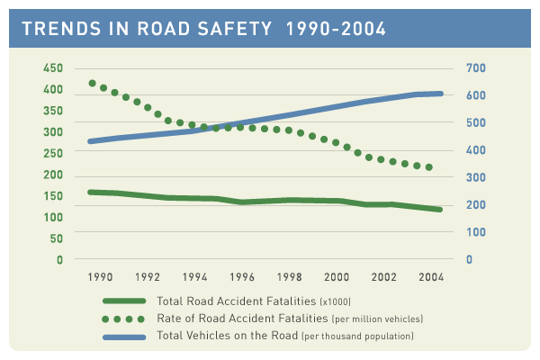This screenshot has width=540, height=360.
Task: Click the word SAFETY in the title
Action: click(228, 30)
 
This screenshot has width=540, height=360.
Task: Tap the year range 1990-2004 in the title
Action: click(335, 30)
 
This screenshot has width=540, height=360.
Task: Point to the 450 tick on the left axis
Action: click(53, 68)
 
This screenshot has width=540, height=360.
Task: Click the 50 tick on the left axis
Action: click(56, 239)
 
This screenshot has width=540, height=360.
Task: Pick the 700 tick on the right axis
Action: click(475, 68)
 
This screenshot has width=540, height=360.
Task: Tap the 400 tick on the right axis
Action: click(475, 150)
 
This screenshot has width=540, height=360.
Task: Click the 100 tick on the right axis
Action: click(475, 232)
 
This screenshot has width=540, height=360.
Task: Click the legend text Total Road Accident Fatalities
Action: click(238, 301)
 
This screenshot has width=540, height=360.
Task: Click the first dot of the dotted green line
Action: click(93, 84)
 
